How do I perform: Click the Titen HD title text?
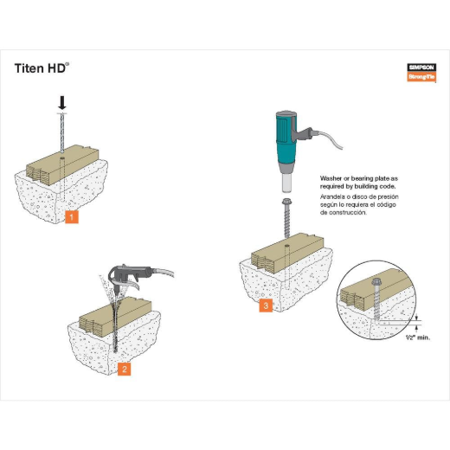coord(41,67)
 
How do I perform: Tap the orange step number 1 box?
coord(73,216)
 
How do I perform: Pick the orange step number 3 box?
coord(267,304)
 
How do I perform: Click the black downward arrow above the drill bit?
coord(62,102)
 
